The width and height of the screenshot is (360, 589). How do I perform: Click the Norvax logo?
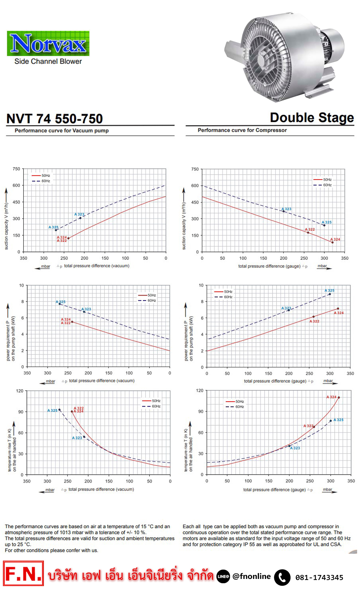coord(48,44)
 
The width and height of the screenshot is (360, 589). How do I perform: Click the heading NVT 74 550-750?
coord(55,119)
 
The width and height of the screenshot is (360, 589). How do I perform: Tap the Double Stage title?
coord(312,118)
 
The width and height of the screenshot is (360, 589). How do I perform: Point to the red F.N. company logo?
coord(23,574)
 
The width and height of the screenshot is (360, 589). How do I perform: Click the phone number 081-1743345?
coord(319,577)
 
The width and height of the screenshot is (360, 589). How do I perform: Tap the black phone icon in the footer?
coord(282,577)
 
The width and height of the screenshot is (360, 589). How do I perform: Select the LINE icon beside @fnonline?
coord(223,576)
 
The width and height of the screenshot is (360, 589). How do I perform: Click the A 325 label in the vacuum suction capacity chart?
coord(54,227)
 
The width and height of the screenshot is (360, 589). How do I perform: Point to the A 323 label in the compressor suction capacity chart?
coord(287,209)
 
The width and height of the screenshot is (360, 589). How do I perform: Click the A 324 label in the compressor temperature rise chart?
coord(332,397)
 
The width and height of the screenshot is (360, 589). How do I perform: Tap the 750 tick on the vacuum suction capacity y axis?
coord(17,169)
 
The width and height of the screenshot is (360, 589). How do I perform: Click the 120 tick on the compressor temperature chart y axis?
coord(200,390)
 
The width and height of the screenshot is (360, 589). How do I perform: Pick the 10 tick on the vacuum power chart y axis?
coord(22,285)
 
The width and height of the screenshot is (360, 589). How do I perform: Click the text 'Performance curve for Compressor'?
coord(242,130)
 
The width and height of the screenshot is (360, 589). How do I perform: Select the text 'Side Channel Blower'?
coord(48,62)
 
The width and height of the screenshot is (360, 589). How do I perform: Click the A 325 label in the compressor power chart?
coord(330,290)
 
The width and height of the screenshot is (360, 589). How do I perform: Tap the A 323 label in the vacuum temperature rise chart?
coord(77,438)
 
